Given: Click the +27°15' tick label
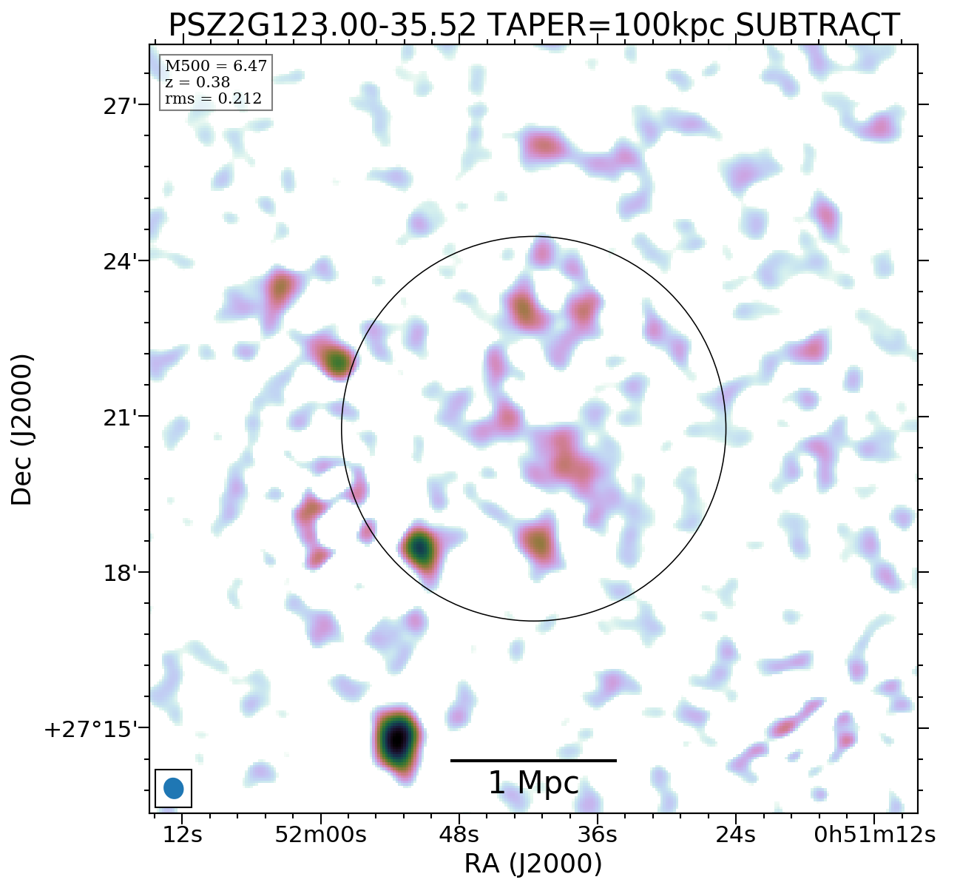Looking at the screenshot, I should click(x=91, y=729).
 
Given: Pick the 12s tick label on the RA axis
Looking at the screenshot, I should click(x=183, y=835).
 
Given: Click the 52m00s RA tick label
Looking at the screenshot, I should click(x=320, y=835).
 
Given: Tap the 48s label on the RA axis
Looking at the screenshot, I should click(x=459, y=835).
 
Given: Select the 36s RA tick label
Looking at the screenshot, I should click(x=598, y=835).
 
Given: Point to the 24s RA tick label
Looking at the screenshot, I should click(x=736, y=835).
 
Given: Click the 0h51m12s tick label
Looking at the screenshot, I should click(x=875, y=835).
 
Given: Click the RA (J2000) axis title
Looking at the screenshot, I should click(x=533, y=864).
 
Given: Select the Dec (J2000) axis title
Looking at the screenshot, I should click(x=22, y=429).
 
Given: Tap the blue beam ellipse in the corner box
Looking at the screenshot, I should click(x=173, y=788).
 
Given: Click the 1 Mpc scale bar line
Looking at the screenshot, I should click(x=533, y=760).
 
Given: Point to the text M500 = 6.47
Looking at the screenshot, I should click(x=215, y=67).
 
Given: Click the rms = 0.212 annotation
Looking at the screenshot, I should click(x=213, y=99).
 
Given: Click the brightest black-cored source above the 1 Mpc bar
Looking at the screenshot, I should click(x=397, y=738).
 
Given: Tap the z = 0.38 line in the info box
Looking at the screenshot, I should click(x=197, y=83).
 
